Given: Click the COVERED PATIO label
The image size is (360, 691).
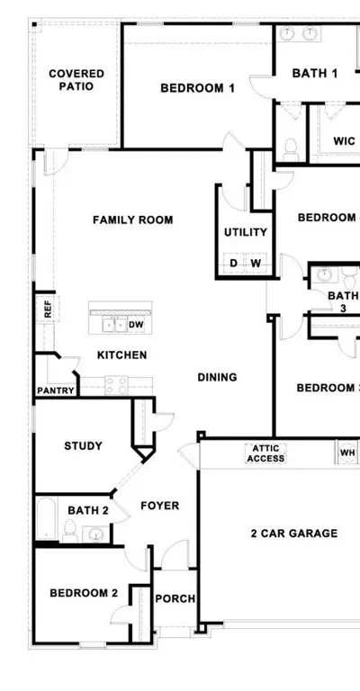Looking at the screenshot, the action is [x=76, y=80].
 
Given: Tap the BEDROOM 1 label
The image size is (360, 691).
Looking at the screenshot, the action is [x=197, y=88].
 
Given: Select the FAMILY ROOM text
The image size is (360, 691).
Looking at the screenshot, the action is [x=132, y=220].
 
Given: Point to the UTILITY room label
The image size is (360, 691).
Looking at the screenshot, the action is [x=246, y=232].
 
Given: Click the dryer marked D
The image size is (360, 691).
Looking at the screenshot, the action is [x=233, y=264].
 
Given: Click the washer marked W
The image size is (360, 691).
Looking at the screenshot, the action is [x=256, y=264].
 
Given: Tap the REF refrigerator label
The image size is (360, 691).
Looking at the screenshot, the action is [x=48, y=309].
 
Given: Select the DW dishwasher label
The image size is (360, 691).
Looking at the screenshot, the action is [x=136, y=325].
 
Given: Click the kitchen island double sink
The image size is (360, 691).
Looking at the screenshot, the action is [x=114, y=325].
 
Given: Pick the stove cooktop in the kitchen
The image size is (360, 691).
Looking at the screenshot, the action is [x=116, y=386].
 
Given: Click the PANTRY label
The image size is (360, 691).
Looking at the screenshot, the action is [x=56, y=390].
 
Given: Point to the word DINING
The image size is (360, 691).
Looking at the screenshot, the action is [x=217, y=377].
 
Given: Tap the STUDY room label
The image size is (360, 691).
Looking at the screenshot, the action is [x=84, y=446].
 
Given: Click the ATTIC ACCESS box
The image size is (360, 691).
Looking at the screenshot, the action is [x=265, y=453].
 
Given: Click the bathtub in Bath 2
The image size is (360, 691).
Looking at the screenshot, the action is [x=46, y=518].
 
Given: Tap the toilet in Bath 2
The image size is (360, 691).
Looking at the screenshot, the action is [x=70, y=531].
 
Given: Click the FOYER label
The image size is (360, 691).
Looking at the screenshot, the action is [x=160, y=506].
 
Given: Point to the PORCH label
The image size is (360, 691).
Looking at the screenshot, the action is [x=175, y=599].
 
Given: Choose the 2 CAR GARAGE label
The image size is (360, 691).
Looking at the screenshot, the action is [x=294, y=534].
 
